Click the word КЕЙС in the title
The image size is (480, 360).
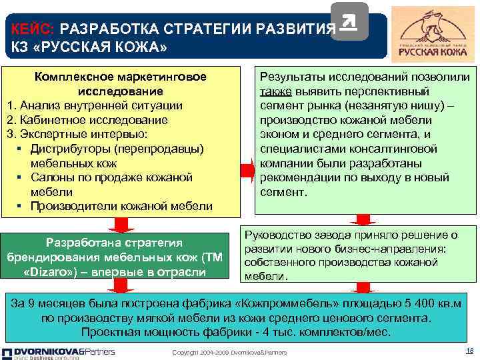(x=33, y=30)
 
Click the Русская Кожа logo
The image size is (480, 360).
(x=433, y=33)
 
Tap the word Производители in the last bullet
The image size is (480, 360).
(x=73, y=207)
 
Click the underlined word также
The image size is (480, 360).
(x=274, y=91)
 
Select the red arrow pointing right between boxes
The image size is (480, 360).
(x=247, y=170)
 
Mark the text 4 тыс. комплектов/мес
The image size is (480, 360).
(x=339, y=332)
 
